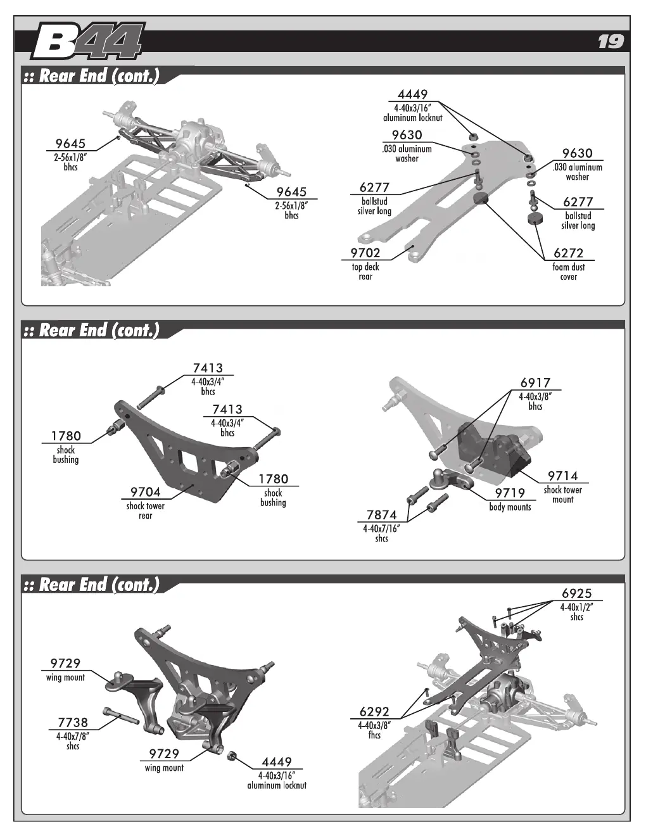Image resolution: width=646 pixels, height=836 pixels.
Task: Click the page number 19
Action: [611, 42]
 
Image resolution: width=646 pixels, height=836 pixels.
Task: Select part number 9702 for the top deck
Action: [365, 253]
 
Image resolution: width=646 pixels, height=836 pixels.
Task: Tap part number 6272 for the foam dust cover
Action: [568, 253]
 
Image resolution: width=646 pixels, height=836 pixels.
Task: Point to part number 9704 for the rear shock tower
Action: [145, 491]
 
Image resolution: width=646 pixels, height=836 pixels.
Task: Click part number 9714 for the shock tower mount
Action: [562, 476]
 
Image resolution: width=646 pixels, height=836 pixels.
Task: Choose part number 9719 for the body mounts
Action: [510, 493]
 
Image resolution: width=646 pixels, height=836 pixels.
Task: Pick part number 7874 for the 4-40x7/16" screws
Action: [381, 515]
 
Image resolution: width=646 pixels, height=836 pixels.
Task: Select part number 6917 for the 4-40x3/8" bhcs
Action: [535, 383]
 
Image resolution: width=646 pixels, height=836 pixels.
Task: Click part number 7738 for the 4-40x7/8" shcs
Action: [73, 722]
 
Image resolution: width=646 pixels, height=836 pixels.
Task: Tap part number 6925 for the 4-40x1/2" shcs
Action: [576, 593]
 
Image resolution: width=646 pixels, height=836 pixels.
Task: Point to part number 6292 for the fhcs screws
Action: [374, 711]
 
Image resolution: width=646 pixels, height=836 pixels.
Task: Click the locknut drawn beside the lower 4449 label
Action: [232, 755]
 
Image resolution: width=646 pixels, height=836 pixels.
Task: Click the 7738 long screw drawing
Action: [120, 716]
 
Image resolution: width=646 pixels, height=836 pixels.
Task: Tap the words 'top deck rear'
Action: [365, 272]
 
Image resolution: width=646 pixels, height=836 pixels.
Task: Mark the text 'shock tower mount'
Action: [562, 495]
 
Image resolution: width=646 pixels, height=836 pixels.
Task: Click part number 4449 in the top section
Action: [412, 94]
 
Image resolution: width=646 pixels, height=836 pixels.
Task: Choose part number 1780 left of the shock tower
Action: [66, 436]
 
